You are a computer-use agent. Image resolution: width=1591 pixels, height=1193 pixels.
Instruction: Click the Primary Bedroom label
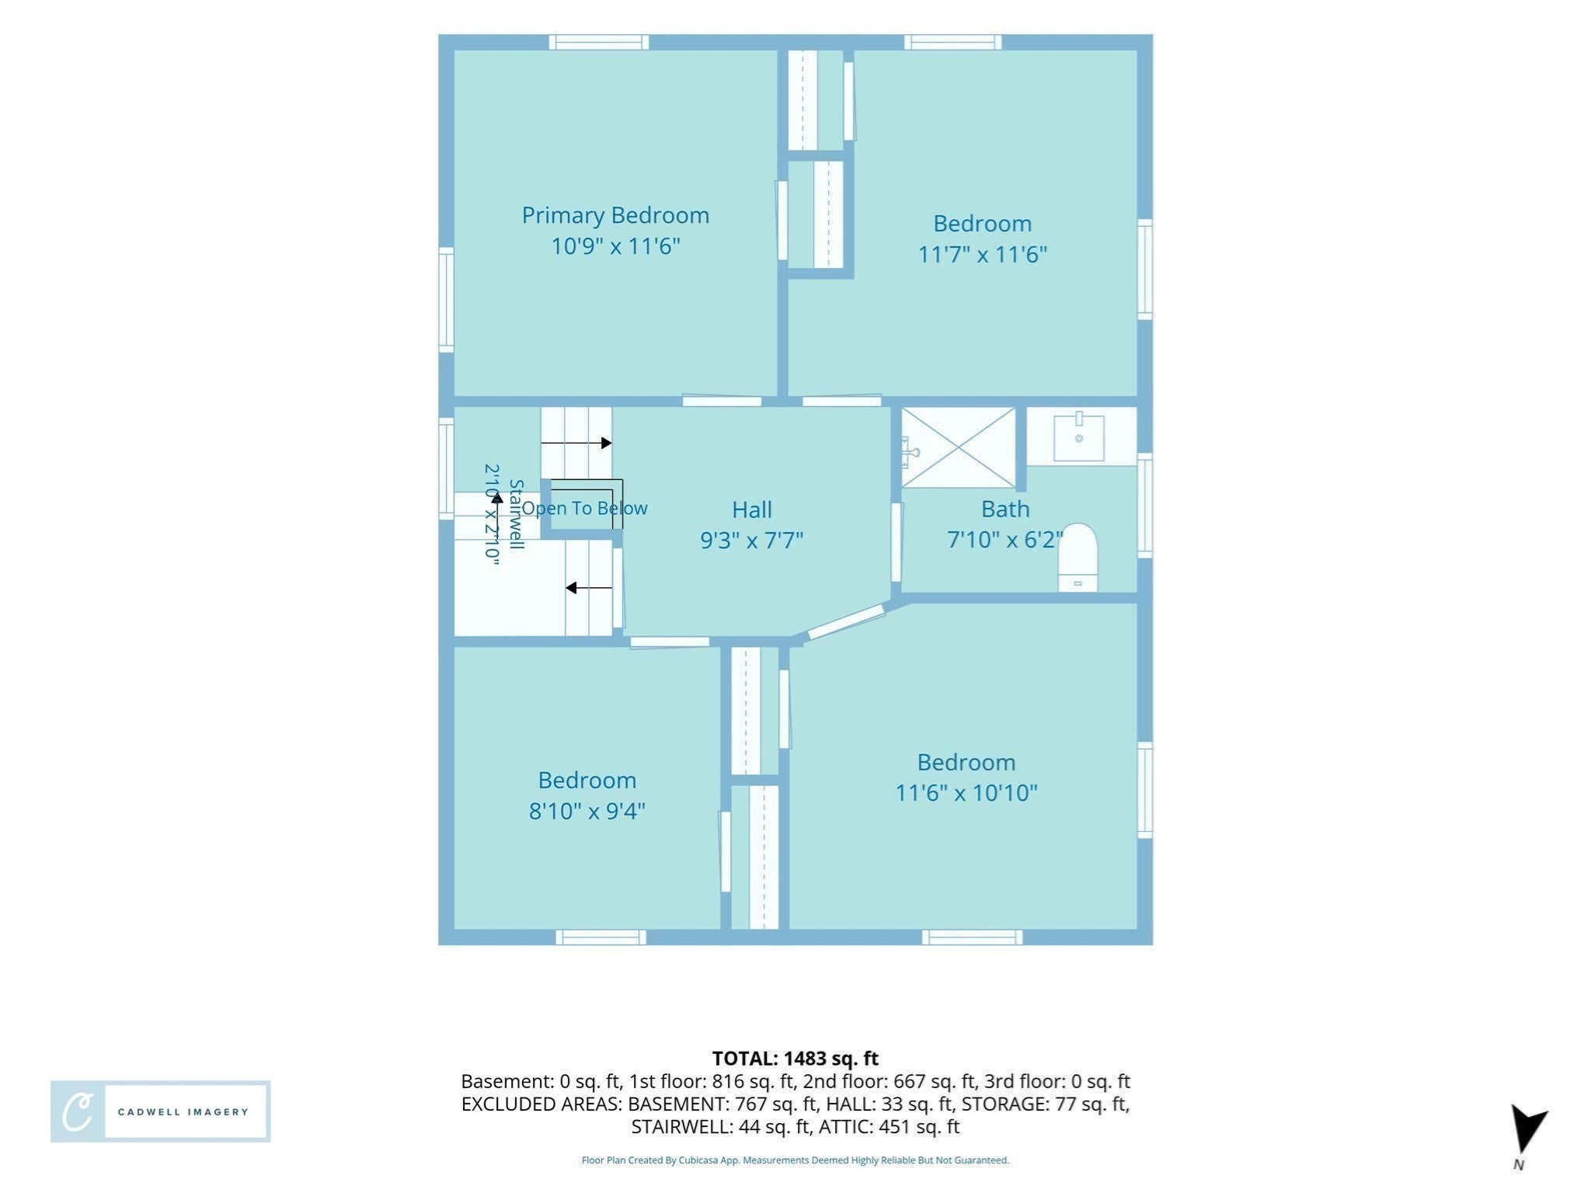(x=615, y=215)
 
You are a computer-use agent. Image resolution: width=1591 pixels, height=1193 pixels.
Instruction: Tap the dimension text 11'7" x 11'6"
(x=983, y=254)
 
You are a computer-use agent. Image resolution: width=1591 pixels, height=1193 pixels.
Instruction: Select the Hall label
(x=752, y=510)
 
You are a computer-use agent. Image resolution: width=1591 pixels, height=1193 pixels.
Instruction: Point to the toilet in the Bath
(x=1078, y=557)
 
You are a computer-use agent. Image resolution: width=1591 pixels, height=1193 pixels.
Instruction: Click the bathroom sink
(x=1079, y=437)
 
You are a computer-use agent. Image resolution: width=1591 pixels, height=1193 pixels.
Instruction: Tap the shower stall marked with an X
(x=959, y=447)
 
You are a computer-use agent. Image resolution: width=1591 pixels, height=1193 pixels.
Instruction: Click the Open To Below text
(x=584, y=508)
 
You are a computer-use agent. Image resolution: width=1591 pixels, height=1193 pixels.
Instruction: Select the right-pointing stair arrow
(x=576, y=443)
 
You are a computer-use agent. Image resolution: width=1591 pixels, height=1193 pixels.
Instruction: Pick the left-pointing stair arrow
(x=589, y=588)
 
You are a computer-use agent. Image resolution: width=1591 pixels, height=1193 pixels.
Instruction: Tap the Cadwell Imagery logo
(x=161, y=1111)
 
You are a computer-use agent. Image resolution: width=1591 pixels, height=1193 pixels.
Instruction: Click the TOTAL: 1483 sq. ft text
(x=795, y=1058)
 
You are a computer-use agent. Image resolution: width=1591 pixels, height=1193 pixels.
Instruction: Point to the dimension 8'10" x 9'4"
(x=587, y=811)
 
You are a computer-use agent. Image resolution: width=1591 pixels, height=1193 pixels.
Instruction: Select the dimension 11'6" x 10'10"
(x=966, y=792)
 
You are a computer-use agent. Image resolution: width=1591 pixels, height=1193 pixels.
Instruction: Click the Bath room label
(x=1005, y=509)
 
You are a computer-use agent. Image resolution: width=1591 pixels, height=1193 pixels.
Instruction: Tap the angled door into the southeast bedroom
(x=846, y=622)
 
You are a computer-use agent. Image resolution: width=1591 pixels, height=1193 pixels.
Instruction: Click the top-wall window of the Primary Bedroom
(x=599, y=42)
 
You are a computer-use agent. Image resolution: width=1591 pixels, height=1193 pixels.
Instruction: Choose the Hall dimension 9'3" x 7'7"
(x=752, y=540)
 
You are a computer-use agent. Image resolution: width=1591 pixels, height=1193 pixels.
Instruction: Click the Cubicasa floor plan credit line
(x=795, y=1160)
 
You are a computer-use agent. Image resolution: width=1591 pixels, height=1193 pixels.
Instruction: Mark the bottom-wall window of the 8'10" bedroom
(x=601, y=937)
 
